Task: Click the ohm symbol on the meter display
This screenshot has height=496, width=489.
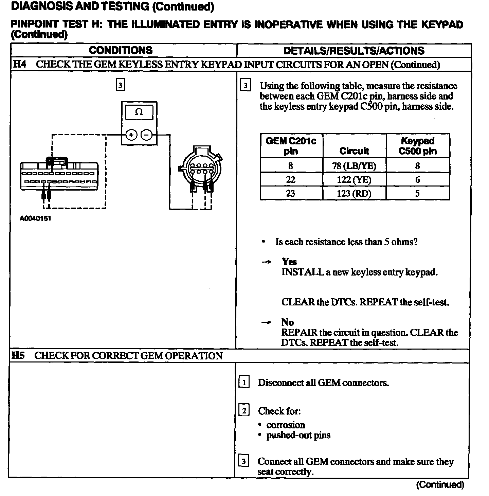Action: pyautogui.click(x=139, y=112)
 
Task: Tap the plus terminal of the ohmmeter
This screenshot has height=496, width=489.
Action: pyautogui.click(x=131, y=135)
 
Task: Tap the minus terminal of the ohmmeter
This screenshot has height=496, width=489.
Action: pyautogui.click(x=147, y=135)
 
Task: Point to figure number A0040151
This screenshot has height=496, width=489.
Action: pyautogui.click(x=35, y=218)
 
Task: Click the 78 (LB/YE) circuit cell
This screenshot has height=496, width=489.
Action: pyautogui.click(x=354, y=166)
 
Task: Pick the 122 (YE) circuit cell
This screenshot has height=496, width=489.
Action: pyautogui.click(x=354, y=179)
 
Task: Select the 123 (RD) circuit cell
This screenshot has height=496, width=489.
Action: pyautogui.click(x=354, y=193)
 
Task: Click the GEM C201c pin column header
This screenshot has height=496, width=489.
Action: pyautogui.click(x=291, y=146)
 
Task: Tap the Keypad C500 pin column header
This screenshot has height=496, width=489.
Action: pyautogui.click(x=418, y=146)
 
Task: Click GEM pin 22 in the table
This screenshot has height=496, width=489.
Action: pyautogui.click(x=291, y=179)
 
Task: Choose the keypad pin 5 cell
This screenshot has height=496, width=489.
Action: pyautogui.click(x=418, y=193)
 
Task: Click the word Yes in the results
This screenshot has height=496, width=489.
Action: pyautogui.click(x=289, y=262)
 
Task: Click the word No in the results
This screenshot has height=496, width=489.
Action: pyautogui.click(x=287, y=322)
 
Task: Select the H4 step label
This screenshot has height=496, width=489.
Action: pyautogui.click(x=19, y=65)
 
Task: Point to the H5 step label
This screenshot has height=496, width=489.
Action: pyautogui.click(x=18, y=356)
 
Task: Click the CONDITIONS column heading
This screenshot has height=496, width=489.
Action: pyautogui.click(x=121, y=51)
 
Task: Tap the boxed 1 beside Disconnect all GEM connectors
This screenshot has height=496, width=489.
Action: pyautogui.click(x=244, y=383)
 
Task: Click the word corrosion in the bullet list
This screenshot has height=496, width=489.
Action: pyautogui.click(x=286, y=425)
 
